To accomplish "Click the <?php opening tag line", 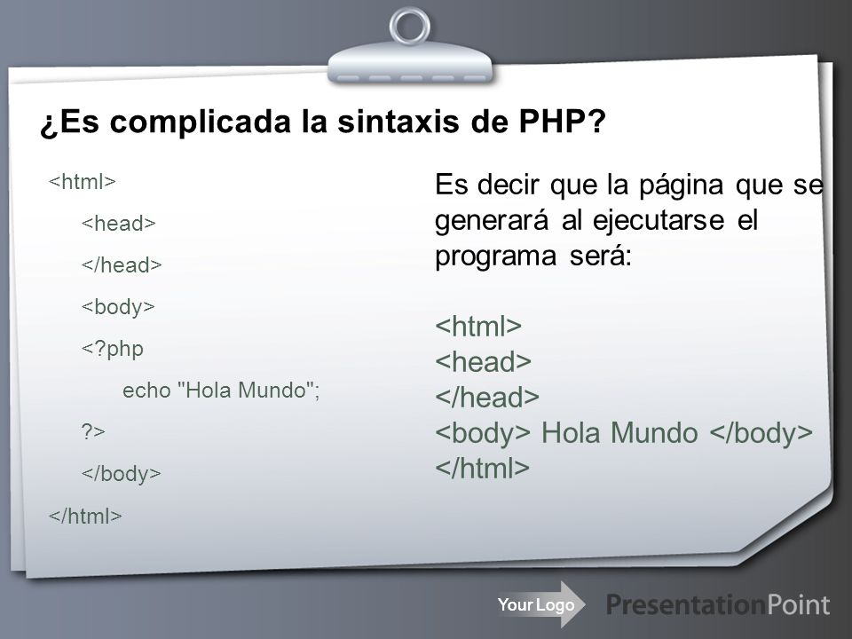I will point(114,348).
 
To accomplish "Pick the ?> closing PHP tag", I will point(94,431).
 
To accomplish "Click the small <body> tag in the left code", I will point(120,306).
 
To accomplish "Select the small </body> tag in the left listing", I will point(122,473).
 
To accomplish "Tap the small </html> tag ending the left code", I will point(85,515).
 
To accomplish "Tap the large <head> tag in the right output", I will point(483,362).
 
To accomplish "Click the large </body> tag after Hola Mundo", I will point(761,432).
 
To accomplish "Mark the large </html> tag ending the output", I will point(482,468).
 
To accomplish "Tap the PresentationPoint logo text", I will point(718,605).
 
